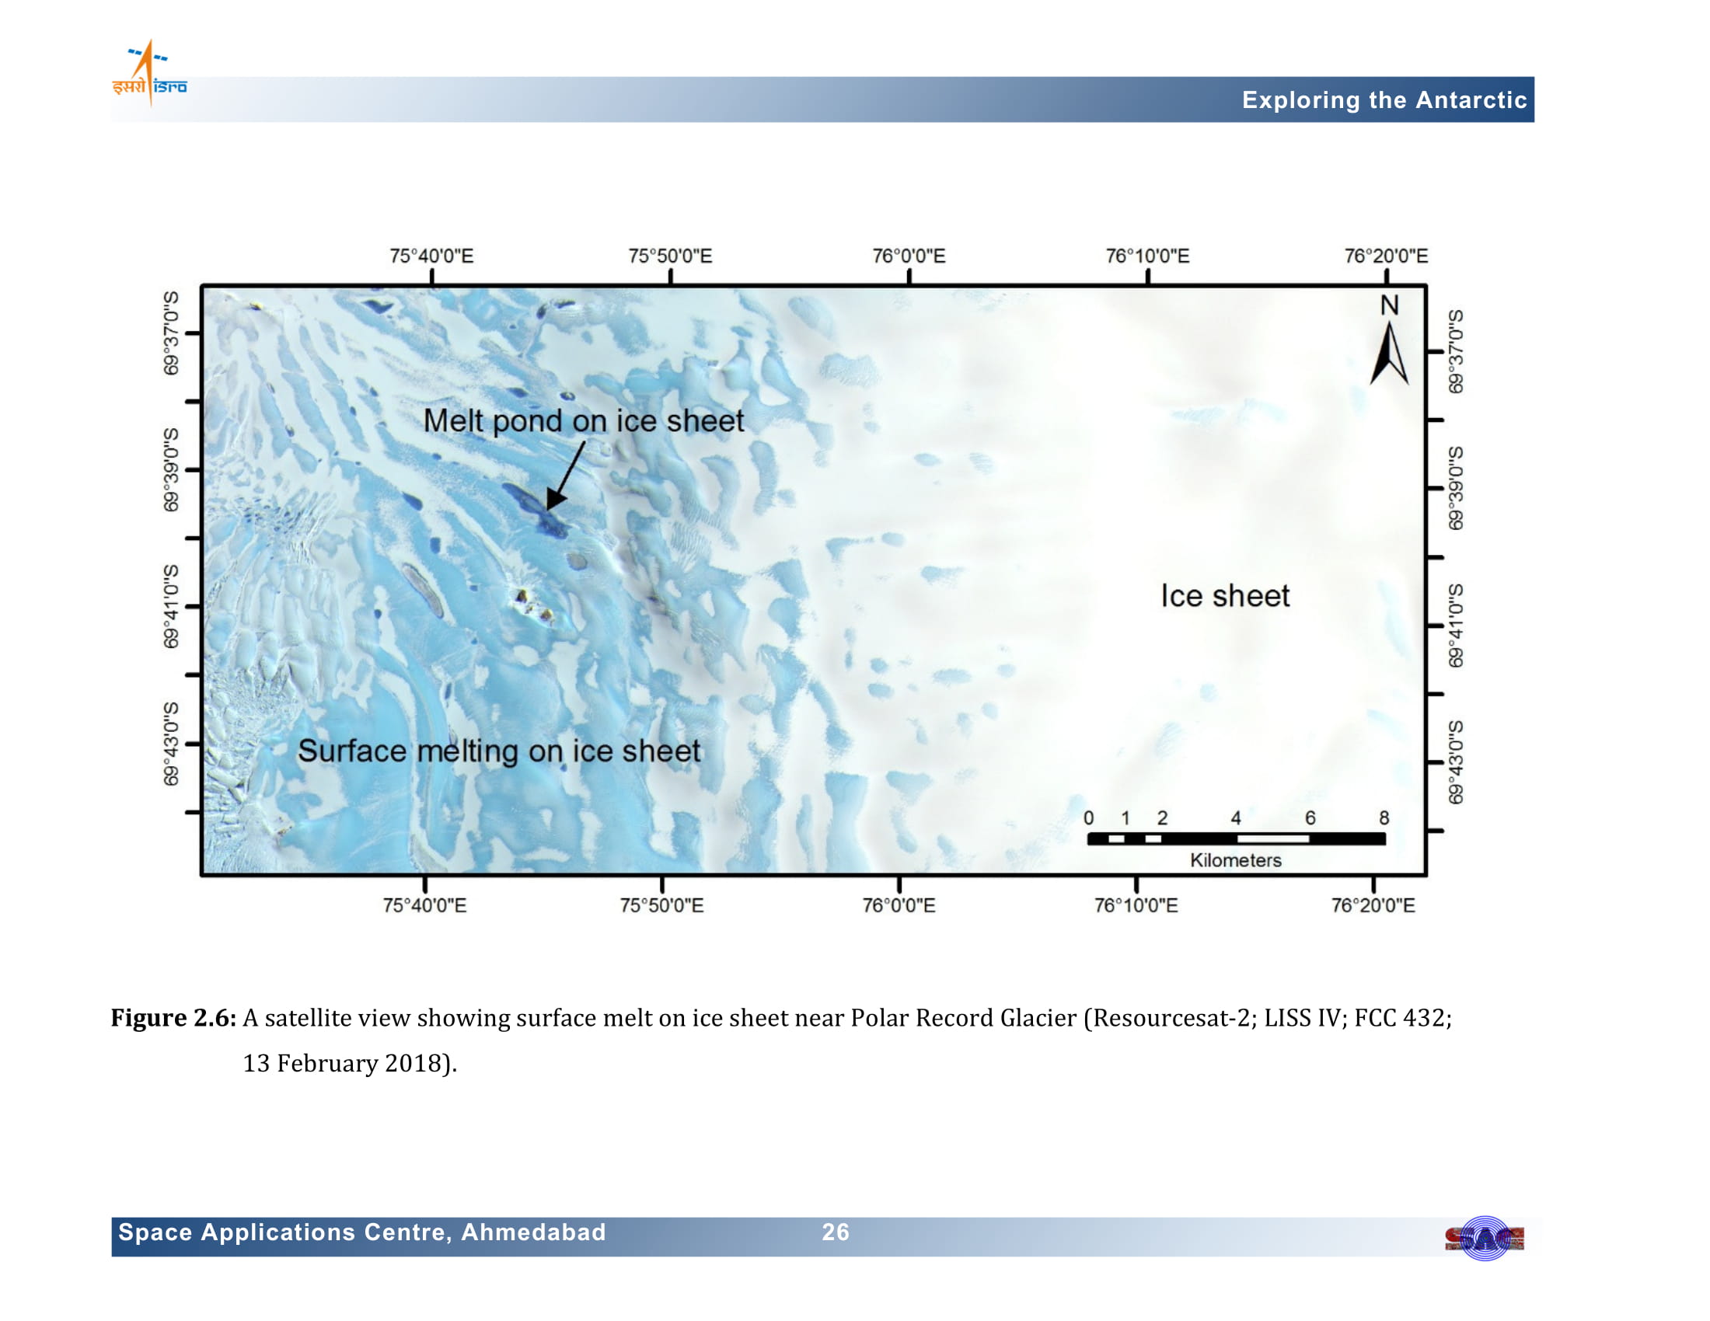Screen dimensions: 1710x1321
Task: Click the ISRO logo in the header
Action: point(149,73)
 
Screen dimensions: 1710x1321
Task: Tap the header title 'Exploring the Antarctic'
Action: point(1384,100)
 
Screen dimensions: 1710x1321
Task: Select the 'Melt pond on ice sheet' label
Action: point(583,421)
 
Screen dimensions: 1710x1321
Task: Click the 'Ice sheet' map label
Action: point(1224,596)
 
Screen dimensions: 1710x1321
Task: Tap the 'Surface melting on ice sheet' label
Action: point(499,752)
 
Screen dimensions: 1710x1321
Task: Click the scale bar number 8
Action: point(1384,818)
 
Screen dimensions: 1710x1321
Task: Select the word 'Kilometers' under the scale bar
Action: point(1236,861)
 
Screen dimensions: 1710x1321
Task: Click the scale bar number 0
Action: point(1088,818)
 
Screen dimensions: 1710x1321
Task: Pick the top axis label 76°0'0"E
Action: point(909,256)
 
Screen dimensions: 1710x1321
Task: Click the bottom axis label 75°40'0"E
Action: point(424,905)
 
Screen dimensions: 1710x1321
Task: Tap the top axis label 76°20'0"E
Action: point(1386,256)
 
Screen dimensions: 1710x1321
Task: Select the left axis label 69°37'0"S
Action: point(171,333)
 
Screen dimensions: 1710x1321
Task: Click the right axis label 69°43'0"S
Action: point(1455,762)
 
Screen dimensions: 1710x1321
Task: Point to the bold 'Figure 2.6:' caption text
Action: point(173,1018)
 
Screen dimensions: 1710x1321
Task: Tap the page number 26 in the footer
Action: point(836,1232)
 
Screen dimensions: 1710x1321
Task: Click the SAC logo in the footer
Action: point(1484,1238)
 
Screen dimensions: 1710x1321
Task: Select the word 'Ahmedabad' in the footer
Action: point(533,1232)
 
